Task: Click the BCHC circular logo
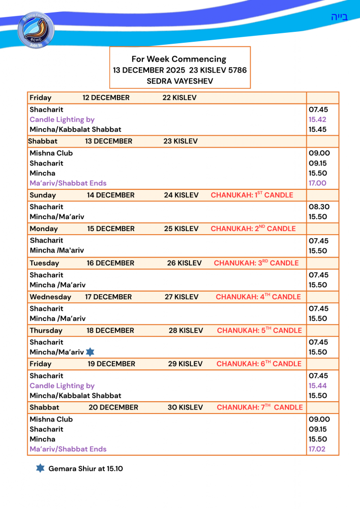pyautogui.click(x=36, y=30)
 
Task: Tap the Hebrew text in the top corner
pyautogui.click(x=339, y=17)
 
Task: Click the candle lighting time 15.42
pyautogui.click(x=317, y=119)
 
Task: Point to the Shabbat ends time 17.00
pyautogui.click(x=317, y=183)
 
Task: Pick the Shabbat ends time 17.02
pyautogui.click(x=317, y=449)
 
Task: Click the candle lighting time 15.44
pyautogui.click(x=317, y=386)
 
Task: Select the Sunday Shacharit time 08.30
pyautogui.click(x=318, y=207)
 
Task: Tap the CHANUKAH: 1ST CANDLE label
pyautogui.click(x=252, y=195)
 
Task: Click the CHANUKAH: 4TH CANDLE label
pyautogui.click(x=258, y=297)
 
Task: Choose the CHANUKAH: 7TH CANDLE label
pyautogui.click(x=260, y=407)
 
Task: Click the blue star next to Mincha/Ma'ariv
pyautogui.click(x=90, y=352)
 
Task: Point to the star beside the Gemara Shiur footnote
pyautogui.click(x=40, y=468)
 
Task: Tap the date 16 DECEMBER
pyautogui.click(x=110, y=263)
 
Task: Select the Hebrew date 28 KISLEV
pyautogui.click(x=186, y=331)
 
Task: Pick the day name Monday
pyautogui.click(x=44, y=229)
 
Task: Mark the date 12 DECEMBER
pyautogui.click(x=106, y=97)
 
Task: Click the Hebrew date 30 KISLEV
pyautogui.click(x=185, y=407)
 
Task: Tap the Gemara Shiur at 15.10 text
pyautogui.click(x=86, y=469)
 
